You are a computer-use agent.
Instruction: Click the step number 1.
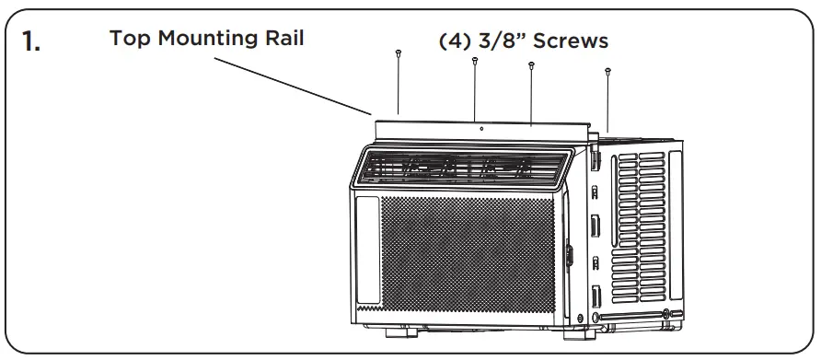[31, 42]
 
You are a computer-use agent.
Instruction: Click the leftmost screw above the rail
[398, 55]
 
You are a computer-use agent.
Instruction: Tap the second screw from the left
[474, 62]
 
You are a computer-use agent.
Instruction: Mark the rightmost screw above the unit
[608, 69]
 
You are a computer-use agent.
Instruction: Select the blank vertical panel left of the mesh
[366, 249]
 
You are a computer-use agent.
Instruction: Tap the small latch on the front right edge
[567, 253]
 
